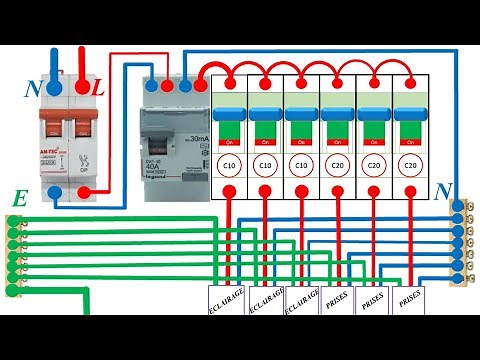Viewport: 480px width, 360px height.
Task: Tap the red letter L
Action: pos(97,90)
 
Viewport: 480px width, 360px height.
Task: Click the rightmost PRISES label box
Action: pos(410,299)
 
